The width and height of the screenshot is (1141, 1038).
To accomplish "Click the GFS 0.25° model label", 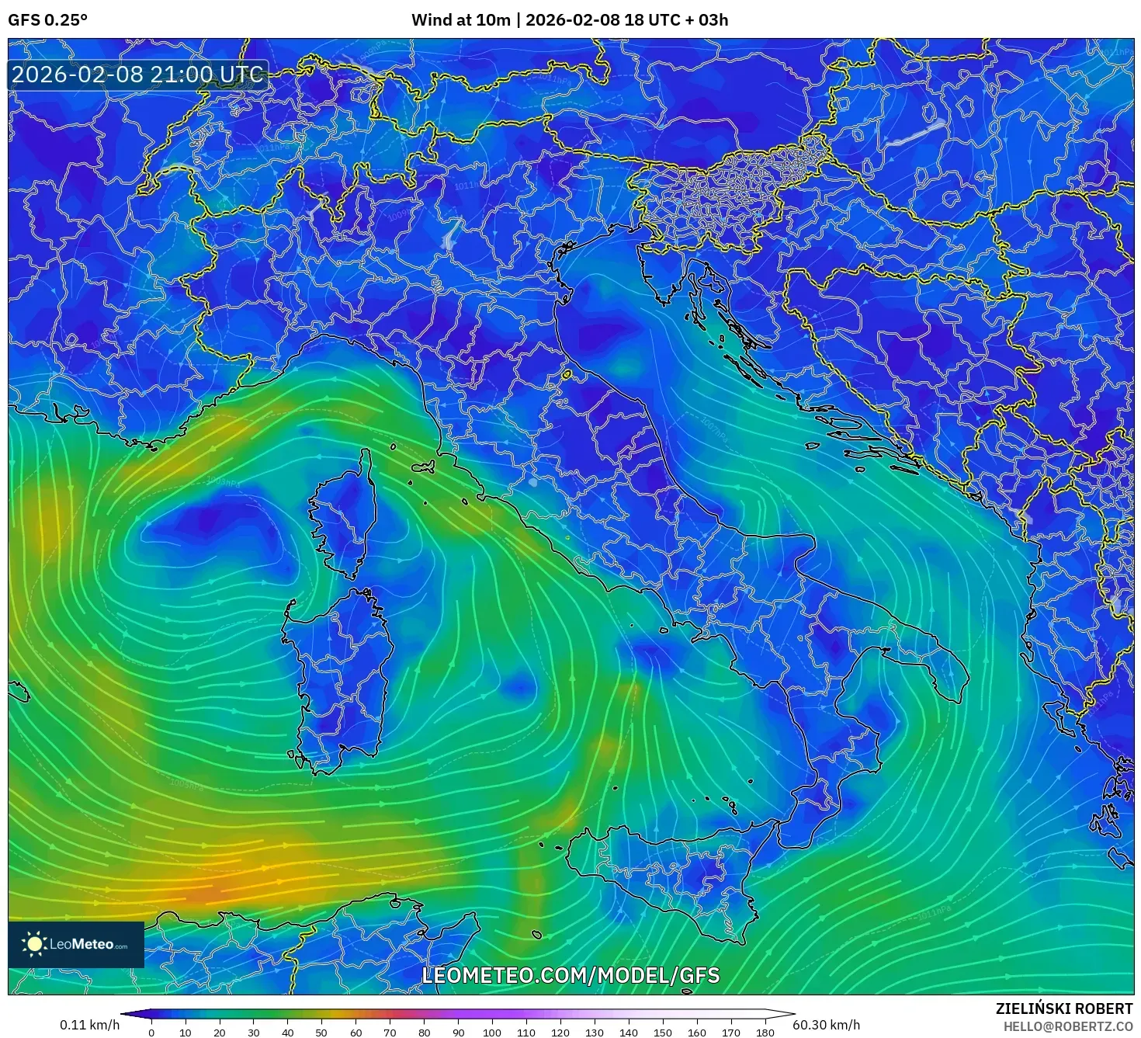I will click(47, 20).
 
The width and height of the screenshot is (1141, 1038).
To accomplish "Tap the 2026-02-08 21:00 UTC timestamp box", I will click(138, 75).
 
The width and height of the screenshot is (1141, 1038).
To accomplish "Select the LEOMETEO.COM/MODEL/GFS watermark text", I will click(570, 975).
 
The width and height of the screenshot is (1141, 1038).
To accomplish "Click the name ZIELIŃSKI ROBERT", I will click(1063, 1008).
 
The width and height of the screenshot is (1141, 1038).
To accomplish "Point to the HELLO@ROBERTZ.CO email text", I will click(1068, 1026).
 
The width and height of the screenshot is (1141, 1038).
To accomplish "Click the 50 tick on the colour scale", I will click(321, 1032).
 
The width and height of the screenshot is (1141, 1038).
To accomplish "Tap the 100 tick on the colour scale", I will click(492, 1032).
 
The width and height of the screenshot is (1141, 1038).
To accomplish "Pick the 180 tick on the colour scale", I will click(765, 1032).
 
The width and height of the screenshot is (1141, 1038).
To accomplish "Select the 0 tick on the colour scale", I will click(151, 1032).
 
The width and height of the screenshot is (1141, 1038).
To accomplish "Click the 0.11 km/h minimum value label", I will click(89, 1025).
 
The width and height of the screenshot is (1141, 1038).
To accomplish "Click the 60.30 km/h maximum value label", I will click(826, 1025).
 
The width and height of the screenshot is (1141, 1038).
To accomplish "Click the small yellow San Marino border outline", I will click(567, 375).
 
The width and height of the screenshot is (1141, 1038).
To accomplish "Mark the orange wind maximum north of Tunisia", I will click(210, 889).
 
